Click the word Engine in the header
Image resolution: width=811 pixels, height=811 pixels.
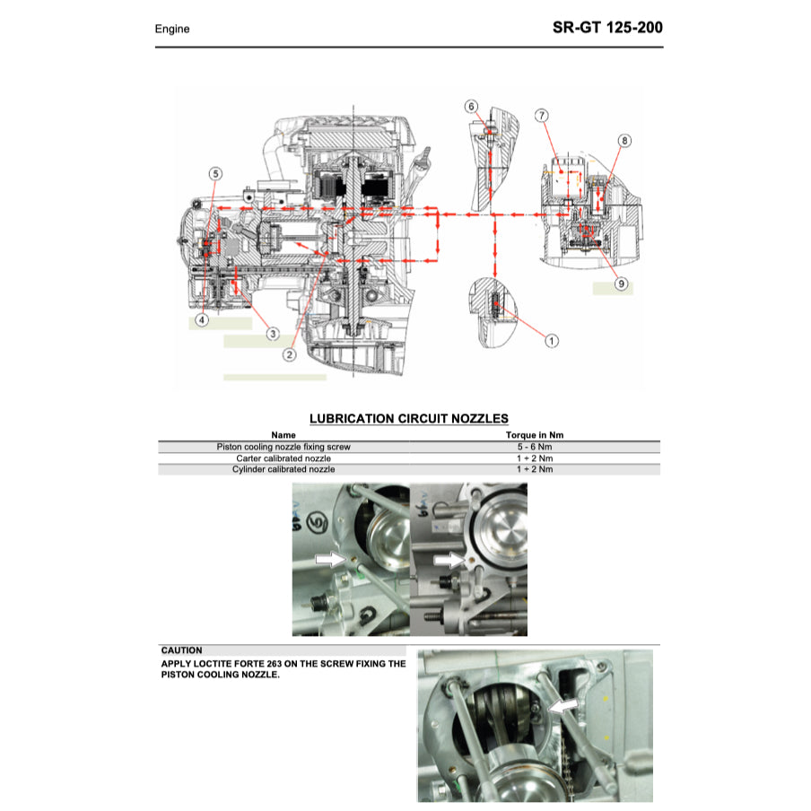[x=172, y=29]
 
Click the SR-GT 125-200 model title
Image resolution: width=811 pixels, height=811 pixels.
[x=607, y=27]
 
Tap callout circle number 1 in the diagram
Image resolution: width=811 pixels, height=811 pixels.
[x=552, y=340]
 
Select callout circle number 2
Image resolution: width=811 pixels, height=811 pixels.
[x=289, y=354]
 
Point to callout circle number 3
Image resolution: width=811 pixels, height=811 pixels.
[x=272, y=334]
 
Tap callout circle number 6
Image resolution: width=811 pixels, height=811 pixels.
[x=472, y=107]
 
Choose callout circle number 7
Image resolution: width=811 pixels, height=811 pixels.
[x=542, y=116]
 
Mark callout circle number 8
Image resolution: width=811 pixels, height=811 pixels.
[x=624, y=141]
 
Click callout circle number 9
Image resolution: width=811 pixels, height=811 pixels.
[x=621, y=284]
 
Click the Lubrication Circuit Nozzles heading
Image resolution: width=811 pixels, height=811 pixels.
[x=408, y=418]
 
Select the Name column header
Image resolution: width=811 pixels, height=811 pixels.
[x=283, y=435]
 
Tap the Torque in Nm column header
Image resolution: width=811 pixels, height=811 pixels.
[x=535, y=435]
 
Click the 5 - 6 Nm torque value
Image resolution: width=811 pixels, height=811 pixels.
[x=535, y=446]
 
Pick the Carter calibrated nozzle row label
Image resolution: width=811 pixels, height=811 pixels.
[x=283, y=458]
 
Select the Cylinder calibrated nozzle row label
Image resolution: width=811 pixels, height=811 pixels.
[x=283, y=469]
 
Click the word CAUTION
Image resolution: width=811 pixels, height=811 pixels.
[x=181, y=650]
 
